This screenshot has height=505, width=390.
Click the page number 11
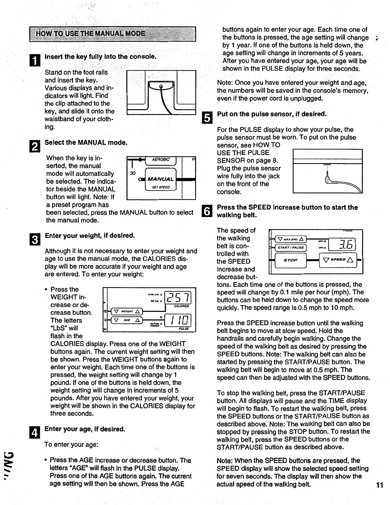[379, 485]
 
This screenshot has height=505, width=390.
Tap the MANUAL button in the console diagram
[161, 179]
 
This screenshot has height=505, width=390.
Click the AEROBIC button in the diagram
[161, 160]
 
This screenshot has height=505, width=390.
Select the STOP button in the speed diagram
[290, 260]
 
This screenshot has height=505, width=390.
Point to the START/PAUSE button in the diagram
[291, 247]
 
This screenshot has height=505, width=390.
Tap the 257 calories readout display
[177, 297]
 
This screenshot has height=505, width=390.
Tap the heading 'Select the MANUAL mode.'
[86, 143]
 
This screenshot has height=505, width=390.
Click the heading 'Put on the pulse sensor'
[272, 114]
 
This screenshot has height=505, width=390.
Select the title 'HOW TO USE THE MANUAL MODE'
[91, 34]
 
